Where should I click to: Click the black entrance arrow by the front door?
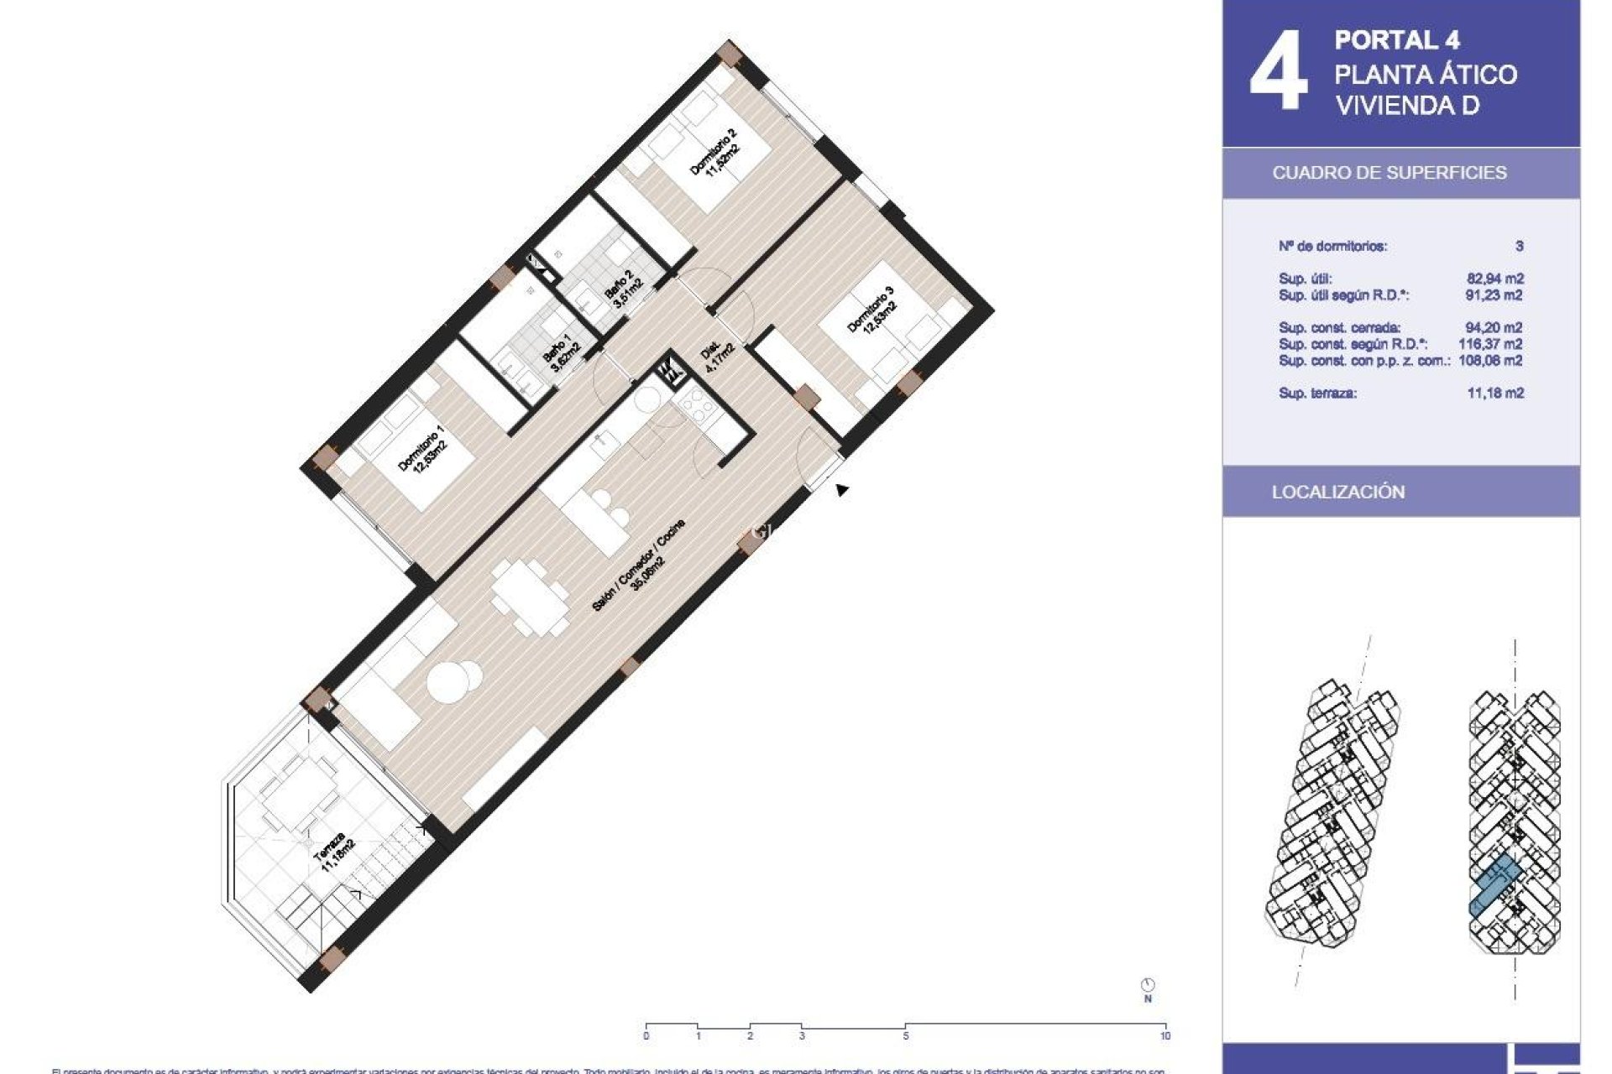[842, 489]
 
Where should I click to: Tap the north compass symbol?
[1148, 985]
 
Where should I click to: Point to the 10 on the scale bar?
[1165, 1036]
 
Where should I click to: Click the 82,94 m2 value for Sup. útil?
[1494, 279]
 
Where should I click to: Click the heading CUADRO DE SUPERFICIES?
[1389, 173]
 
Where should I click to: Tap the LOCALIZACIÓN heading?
[1337, 493]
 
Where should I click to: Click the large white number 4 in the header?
[1278, 73]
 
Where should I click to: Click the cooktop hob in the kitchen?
[699, 409]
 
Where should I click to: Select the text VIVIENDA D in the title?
[1406, 107]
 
